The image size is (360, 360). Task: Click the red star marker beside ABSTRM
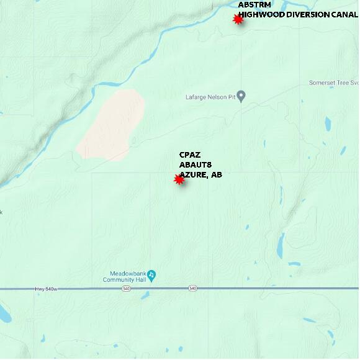(238, 20)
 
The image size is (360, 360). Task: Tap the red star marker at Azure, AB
(179, 180)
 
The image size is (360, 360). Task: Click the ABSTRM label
(254, 5)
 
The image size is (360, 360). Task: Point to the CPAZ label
(189, 155)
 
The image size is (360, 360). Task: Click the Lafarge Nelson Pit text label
(210, 97)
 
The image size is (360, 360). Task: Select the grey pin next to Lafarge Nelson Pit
(241, 96)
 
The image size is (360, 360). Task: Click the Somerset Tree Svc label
(334, 83)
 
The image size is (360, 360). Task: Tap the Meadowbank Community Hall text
(127, 276)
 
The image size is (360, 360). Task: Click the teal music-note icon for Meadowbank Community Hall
(151, 274)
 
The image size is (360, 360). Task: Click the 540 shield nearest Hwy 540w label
(127, 289)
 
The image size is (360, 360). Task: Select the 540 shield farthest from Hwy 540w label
(193, 289)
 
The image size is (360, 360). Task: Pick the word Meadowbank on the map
(127, 273)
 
